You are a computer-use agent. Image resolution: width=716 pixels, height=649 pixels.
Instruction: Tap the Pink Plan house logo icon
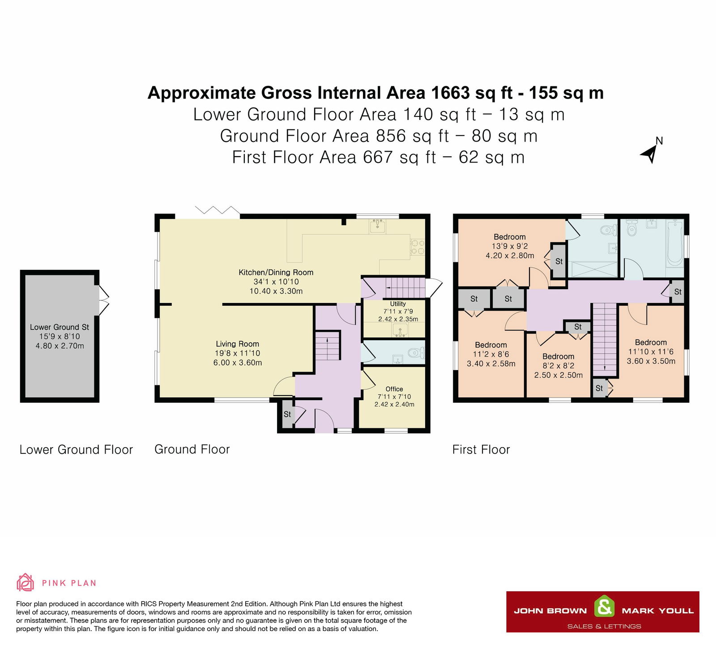click(25, 583)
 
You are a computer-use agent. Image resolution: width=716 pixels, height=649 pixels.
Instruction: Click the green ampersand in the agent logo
click(604, 607)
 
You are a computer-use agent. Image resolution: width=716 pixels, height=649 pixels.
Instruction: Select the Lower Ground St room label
click(60, 327)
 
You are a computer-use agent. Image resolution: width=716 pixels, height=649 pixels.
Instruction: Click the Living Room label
click(237, 344)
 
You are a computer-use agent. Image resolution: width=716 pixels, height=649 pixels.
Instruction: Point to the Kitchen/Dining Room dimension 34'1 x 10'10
click(276, 282)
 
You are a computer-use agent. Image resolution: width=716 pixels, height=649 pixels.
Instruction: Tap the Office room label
click(394, 389)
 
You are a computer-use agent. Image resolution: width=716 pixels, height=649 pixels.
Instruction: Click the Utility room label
click(398, 303)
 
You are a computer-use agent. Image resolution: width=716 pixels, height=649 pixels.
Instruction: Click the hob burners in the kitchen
click(418, 247)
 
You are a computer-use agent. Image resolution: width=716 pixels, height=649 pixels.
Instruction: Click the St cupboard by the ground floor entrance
click(287, 414)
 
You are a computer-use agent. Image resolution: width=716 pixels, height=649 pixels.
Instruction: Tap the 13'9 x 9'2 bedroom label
click(510, 246)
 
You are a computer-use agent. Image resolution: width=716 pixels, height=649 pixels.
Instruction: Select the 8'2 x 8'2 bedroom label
click(558, 366)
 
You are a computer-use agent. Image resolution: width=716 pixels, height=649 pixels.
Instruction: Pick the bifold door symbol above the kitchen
click(217, 210)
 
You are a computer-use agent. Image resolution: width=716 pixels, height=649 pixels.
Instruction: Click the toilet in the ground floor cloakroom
click(415, 353)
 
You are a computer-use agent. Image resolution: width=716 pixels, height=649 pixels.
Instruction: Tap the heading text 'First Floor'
click(481, 449)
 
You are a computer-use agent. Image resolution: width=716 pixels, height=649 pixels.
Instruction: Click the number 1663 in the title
click(450, 93)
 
